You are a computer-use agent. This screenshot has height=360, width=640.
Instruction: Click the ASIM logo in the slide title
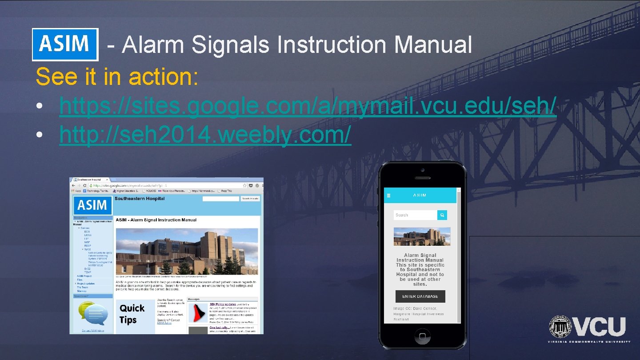point(65,44)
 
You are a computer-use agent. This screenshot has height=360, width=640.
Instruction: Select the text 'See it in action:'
point(117,76)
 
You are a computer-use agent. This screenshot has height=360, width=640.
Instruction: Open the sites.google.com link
point(308,106)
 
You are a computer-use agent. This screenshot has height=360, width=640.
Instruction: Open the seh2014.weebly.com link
point(205,134)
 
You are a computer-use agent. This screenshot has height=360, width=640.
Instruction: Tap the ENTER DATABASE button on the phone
point(420,296)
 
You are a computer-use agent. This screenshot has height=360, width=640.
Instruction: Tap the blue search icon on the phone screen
point(442,215)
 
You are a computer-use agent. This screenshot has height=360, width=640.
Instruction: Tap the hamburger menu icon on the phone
point(388,195)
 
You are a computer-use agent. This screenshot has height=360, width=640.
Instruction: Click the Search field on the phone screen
point(415,215)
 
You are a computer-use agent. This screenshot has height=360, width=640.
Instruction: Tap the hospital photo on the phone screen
point(422,236)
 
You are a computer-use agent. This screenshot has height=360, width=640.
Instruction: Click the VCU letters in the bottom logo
point(600,327)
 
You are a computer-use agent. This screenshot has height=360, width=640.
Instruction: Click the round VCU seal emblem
point(560,327)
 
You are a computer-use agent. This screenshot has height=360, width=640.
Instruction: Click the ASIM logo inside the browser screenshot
point(92,205)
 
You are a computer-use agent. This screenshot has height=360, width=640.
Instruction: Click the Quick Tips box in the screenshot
point(132,314)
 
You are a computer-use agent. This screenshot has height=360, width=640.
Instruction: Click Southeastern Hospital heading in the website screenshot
point(140,199)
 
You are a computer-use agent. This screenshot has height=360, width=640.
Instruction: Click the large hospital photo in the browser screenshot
point(187,251)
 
